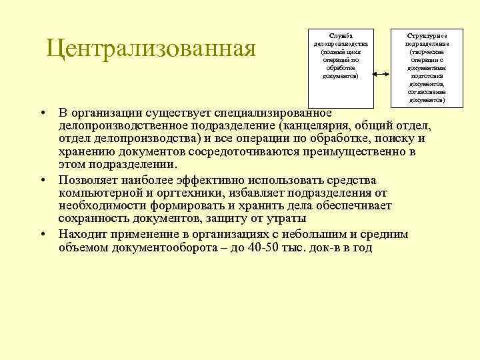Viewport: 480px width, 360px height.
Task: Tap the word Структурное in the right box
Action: pyautogui.click(x=427, y=35)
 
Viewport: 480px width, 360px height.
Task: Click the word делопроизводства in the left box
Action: pyautogui.click(x=341, y=43)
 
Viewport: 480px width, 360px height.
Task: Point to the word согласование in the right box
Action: pyautogui.click(x=427, y=92)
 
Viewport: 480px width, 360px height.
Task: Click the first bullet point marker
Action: pyautogui.click(x=42, y=111)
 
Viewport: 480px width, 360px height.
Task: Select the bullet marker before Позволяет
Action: pyautogui.click(x=42, y=181)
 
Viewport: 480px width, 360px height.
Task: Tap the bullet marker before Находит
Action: pyautogui.click(x=42, y=235)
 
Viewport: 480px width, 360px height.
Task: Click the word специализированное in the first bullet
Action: pyautogui.click(x=272, y=111)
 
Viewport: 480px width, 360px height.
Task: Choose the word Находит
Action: pyautogui.click(x=83, y=235)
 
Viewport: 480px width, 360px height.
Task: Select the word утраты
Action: pyautogui.click(x=287, y=219)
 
